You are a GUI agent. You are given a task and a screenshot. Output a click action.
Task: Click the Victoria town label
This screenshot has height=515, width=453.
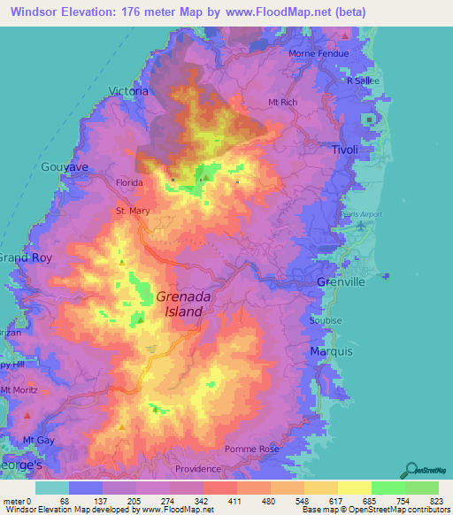click(127, 91)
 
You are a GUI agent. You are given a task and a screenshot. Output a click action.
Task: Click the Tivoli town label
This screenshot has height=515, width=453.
click(344, 150)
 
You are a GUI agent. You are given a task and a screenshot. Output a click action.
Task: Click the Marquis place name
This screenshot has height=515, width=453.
click(331, 351)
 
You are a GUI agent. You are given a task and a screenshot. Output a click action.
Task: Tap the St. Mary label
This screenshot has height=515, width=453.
click(123, 211)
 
